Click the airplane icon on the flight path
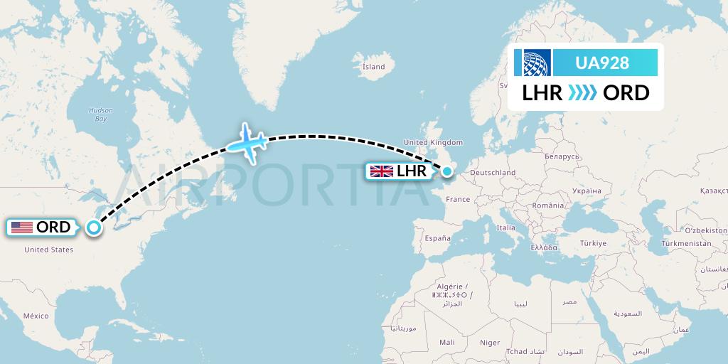pos(246,143)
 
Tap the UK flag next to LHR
pos(382,171)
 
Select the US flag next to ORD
pos(22,227)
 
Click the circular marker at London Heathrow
pos(447,171)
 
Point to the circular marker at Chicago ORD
pos(93,227)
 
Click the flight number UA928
pos(601,63)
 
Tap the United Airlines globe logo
pos(537,63)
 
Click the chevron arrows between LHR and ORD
pos(583,93)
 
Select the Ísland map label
pos(373,67)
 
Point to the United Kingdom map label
pos(433,143)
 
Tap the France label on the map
pos(458,200)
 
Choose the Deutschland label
pos(493,173)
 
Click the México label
pos(35,315)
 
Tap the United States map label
pos(48,250)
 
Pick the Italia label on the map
pos(505,228)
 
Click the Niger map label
pos(490,343)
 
